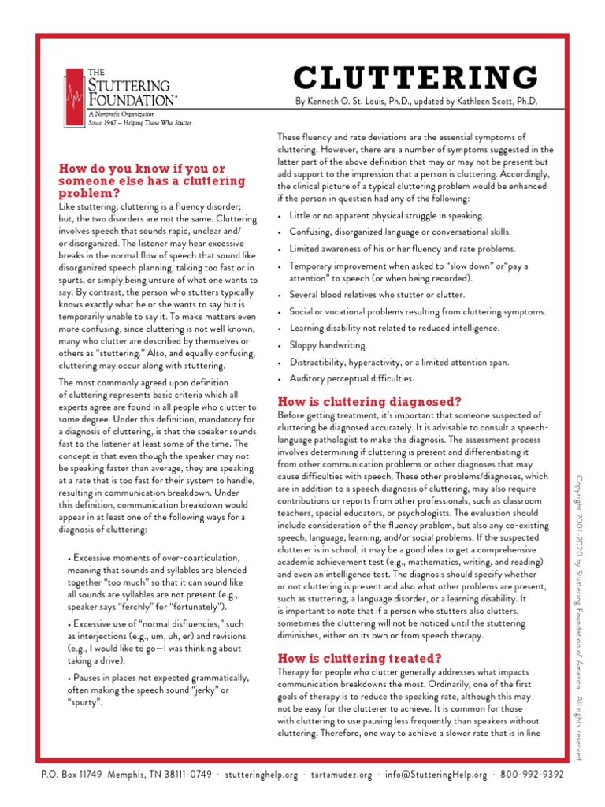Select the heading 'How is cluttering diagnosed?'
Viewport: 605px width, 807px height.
[369, 401]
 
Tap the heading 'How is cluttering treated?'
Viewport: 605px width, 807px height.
[359, 657]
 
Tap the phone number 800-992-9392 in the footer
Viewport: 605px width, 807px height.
[532, 775]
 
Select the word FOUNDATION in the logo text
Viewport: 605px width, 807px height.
[131, 101]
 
